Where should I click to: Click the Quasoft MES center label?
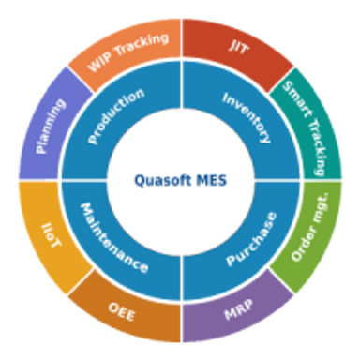[180, 180]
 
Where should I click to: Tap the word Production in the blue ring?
[116, 116]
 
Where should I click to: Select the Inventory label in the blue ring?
[247, 117]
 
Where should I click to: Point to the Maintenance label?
[113, 238]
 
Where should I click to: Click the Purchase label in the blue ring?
[252, 238]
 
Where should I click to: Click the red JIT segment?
[238, 47]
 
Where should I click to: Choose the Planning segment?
[51, 126]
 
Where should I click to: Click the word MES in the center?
[212, 180]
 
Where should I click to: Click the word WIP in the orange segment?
[99, 62]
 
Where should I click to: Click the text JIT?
[238, 47]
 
